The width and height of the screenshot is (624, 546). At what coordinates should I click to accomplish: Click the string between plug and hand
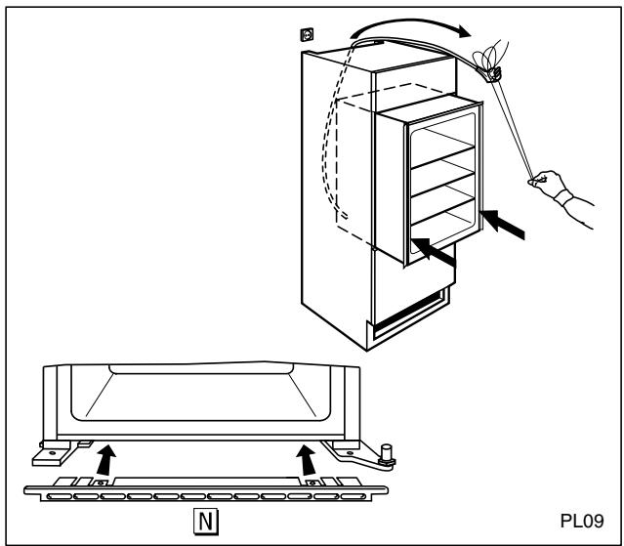pos(512,127)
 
